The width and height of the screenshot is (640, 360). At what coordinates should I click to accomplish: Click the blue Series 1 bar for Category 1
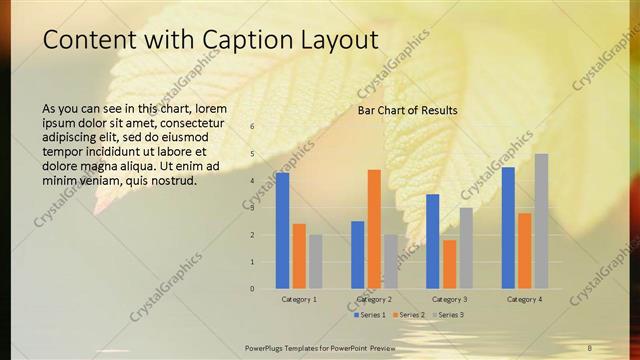point(283,231)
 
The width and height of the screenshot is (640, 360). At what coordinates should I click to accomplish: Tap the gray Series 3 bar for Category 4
point(541,221)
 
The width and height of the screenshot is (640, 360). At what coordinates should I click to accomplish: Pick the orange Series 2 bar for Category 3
point(450,264)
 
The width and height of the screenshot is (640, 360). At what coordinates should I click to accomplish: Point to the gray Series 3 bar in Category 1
point(316,262)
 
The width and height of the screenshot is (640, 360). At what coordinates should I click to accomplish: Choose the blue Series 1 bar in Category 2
point(357,255)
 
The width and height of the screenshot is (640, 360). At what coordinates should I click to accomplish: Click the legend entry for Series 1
point(369,315)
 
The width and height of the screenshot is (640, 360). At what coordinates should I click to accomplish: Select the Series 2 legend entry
point(409,315)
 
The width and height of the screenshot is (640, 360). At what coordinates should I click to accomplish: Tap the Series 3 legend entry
point(449,315)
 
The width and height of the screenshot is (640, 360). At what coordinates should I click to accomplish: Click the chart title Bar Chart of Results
point(407,110)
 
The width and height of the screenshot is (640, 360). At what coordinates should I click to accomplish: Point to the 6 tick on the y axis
point(252,126)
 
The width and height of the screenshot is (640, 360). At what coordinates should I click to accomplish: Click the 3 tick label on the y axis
point(252,208)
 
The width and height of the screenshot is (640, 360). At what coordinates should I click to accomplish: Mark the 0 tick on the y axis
point(252,289)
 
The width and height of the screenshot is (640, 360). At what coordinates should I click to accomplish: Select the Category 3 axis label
point(449,299)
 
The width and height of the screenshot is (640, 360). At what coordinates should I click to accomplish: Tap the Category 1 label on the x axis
point(299,299)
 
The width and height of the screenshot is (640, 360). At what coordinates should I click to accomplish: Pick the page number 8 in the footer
point(589,347)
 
